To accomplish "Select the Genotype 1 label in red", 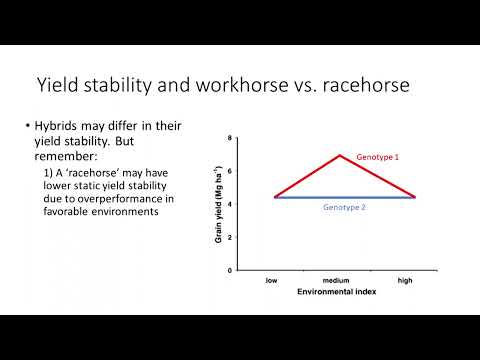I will click(378, 159).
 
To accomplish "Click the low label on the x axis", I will click(271, 280).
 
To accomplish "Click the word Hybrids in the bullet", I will click(58, 128).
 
